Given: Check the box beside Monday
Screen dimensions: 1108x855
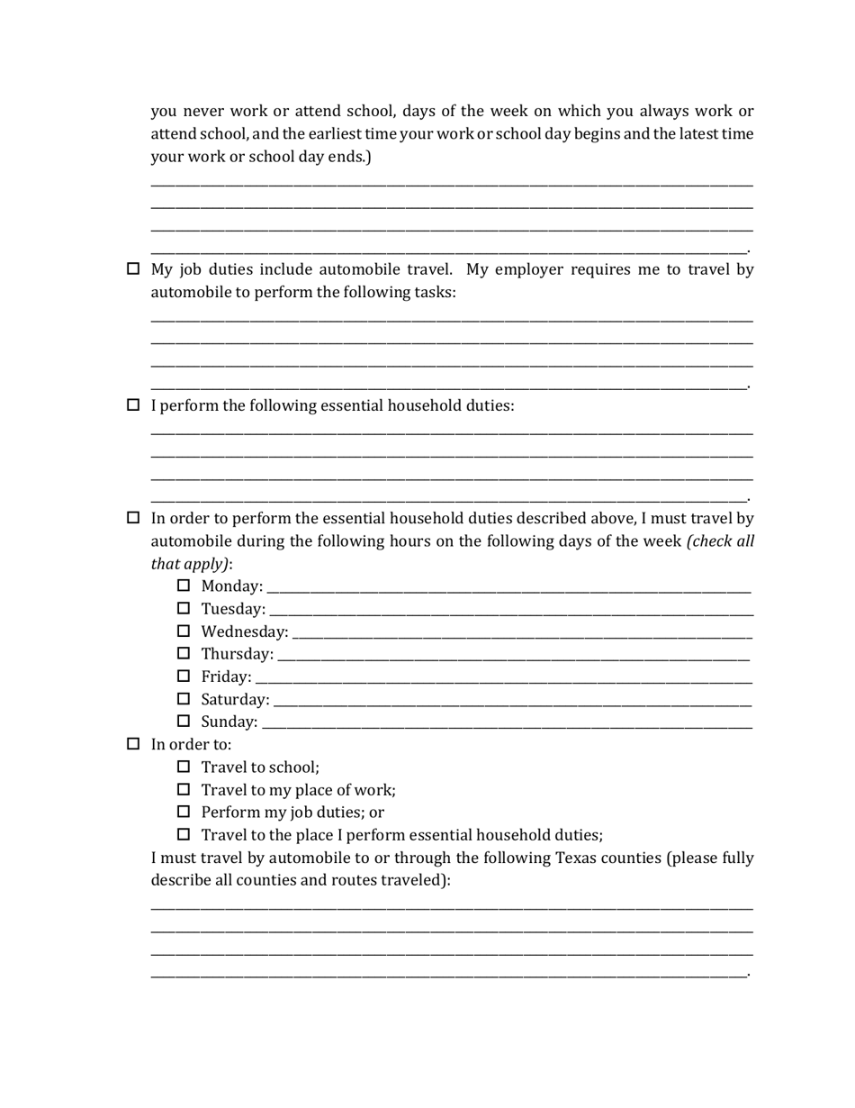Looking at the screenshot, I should click(x=184, y=586).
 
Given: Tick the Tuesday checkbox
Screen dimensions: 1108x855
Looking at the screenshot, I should click(x=184, y=609).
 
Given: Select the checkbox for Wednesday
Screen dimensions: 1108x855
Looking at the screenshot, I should click(x=184, y=631).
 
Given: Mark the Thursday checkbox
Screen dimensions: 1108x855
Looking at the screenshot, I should click(x=184, y=653).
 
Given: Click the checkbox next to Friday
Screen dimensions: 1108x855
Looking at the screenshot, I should click(x=184, y=676).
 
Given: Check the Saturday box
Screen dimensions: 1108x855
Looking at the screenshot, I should click(x=184, y=699).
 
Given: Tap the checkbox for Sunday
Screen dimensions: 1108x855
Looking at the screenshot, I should click(x=184, y=722).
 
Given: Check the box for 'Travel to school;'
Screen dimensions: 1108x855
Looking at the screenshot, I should click(x=184, y=767).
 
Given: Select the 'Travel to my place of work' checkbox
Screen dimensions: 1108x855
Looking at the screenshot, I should click(x=184, y=790).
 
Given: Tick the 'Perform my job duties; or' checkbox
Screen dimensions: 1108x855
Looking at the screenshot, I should click(x=184, y=812).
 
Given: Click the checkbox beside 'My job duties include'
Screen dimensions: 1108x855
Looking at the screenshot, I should click(x=133, y=269).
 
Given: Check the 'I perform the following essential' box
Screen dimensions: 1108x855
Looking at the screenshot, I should click(x=133, y=405).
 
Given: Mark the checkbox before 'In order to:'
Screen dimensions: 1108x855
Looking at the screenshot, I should click(x=133, y=744).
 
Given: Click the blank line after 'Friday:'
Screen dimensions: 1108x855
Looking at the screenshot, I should click(x=504, y=677).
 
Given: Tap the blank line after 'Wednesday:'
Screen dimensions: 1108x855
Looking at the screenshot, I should click(x=522, y=633).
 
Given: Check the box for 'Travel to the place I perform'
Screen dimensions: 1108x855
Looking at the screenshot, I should click(x=184, y=834).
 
